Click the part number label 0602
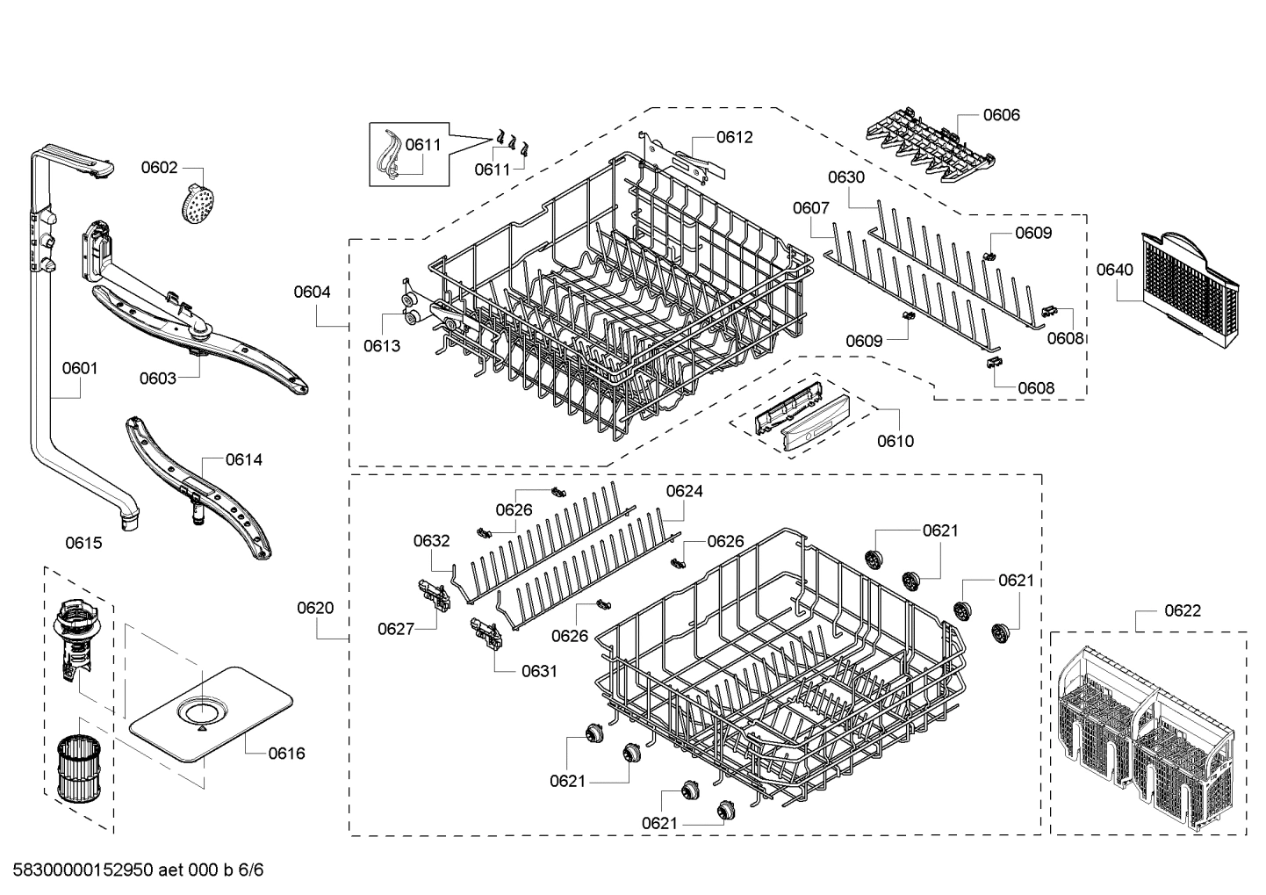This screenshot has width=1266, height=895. coord(159,168)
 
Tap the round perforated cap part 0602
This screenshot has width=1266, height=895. coord(198,205)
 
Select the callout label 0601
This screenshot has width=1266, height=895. coord(80,368)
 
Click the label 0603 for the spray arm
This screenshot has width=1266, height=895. coord(157,379)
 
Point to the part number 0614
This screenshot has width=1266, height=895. coord(243,459)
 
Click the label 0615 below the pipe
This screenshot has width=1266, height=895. coord(83,543)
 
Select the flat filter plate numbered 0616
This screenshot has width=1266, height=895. coord(211,709)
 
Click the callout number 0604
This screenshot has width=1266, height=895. coord(312,292)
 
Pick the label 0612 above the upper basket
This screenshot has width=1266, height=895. coord(734,137)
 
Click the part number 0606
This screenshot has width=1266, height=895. coord(1001,115)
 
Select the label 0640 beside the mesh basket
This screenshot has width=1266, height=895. coord(1114,270)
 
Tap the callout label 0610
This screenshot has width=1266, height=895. coord(895,441)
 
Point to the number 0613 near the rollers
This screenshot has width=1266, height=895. coord(382,346)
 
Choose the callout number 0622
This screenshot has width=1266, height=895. coord(1183,610)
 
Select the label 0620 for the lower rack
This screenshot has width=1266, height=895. coord(315,608)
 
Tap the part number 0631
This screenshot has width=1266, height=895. coord(539,671)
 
